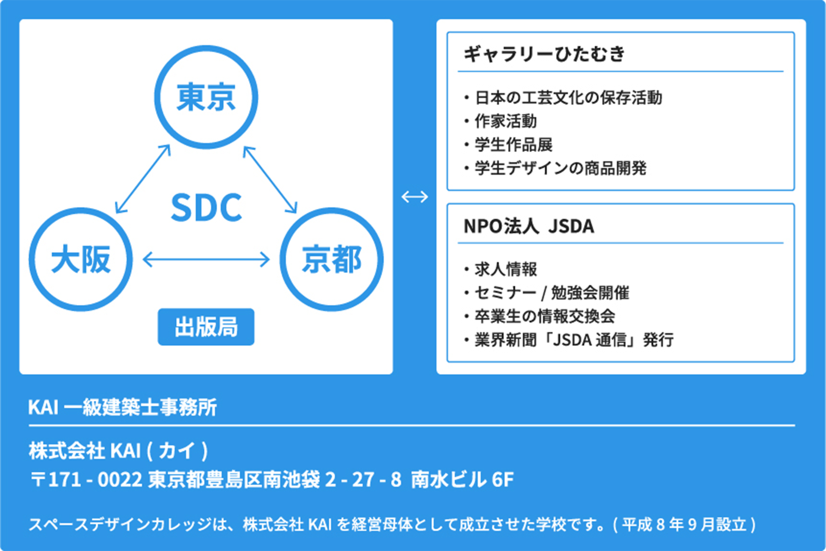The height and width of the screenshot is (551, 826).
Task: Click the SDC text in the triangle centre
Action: (x=206, y=207)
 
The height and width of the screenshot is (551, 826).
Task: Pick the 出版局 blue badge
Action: (x=206, y=326)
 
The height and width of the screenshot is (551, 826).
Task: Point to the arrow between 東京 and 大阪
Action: (x=143, y=179)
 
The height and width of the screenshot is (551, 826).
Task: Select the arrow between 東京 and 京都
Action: (x=270, y=179)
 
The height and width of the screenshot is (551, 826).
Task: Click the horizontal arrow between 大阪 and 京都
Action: (x=206, y=259)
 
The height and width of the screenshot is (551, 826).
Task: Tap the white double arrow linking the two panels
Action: (x=414, y=196)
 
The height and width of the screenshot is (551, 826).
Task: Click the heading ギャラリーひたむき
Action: (x=544, y=53)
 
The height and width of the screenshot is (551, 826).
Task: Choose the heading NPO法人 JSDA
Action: (x=529, y=226)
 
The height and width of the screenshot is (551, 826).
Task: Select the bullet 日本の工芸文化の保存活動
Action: (x=563, y=97)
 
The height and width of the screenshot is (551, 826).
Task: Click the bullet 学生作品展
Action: (x=508, y=144)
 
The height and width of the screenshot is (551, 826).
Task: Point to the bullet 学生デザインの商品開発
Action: (x=555, y=168)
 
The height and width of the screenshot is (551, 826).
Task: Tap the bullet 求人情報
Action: (x=500, y=269)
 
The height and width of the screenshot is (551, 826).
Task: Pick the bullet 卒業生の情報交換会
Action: (x=539, y=316)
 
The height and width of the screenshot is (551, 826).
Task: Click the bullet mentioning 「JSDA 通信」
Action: (x=568, y=339)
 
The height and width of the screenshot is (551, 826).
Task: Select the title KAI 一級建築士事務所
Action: (x=122, y=407)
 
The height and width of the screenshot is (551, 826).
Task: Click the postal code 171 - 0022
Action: (x=95, y=479)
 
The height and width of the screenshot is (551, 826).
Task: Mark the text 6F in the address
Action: (x=503, y=479)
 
